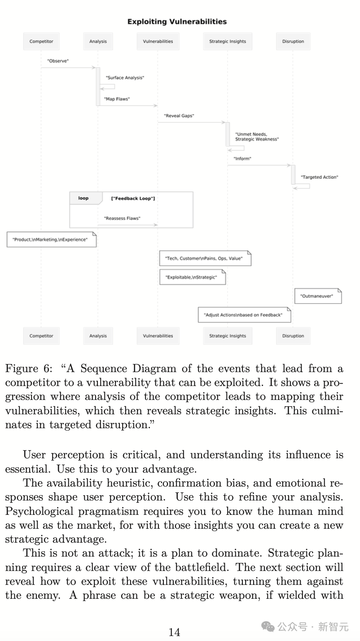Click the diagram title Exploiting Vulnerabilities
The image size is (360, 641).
177,22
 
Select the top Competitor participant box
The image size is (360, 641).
41,41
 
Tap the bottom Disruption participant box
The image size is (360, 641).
293,336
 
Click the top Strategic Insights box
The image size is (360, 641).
228,41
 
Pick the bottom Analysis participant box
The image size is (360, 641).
98,336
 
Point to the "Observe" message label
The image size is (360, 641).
58,61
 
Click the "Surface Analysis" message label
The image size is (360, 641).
125,78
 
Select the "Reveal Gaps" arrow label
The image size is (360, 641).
179,116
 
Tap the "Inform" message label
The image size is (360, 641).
242,158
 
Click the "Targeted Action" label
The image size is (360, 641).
320,177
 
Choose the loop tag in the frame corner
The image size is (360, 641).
83,198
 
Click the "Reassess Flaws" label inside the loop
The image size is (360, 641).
122,219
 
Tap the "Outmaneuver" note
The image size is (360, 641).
317,297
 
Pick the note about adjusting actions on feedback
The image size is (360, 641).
244,315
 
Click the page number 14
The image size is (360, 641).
174,632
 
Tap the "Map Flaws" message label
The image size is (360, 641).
117,99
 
